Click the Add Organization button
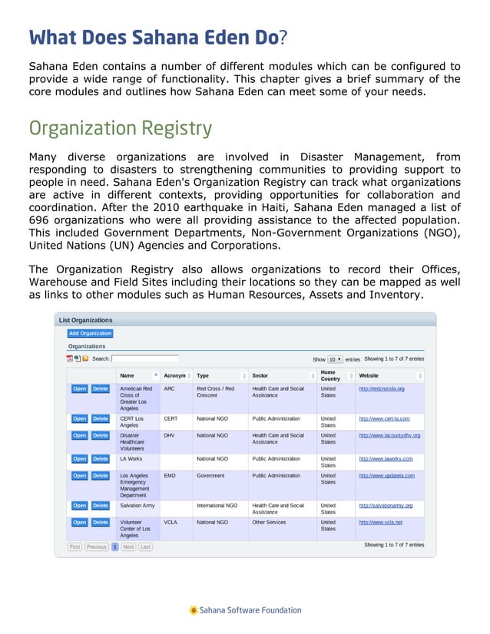coord(90,333)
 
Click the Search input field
coord(144,358)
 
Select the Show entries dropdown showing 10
coord(335,359)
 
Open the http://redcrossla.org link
coord(382,388)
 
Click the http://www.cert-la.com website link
coord(384,418)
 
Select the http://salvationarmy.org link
coord(386,506)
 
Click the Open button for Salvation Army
coord(79,506)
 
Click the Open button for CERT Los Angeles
coord(79,418)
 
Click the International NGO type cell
coord(217,506)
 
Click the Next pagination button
coord(128,547)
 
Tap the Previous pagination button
coord(96,547)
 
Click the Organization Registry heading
coord(120,127)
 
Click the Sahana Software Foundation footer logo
coord(245,610)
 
